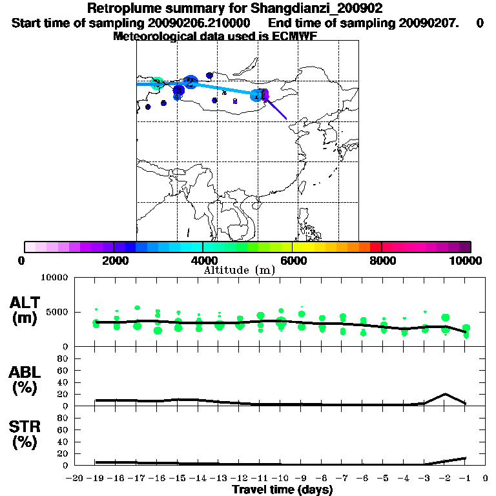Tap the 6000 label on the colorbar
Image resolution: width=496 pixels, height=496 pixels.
click(x=293, y=260)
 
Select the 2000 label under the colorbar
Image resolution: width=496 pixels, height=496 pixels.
click(x=114, y=260)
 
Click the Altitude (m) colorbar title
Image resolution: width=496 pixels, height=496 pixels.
click(x=239, y=270)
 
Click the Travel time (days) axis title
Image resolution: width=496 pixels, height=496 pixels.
click(x=282, y=490)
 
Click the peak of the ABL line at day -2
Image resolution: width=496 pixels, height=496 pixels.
click(x=445, y=394)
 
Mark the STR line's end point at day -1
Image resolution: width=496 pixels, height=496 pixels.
click(x=466, y=458)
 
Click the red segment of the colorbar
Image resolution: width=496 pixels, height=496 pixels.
click(x=375, y=247)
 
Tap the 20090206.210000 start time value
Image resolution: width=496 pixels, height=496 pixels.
click(x=198, y=23)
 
